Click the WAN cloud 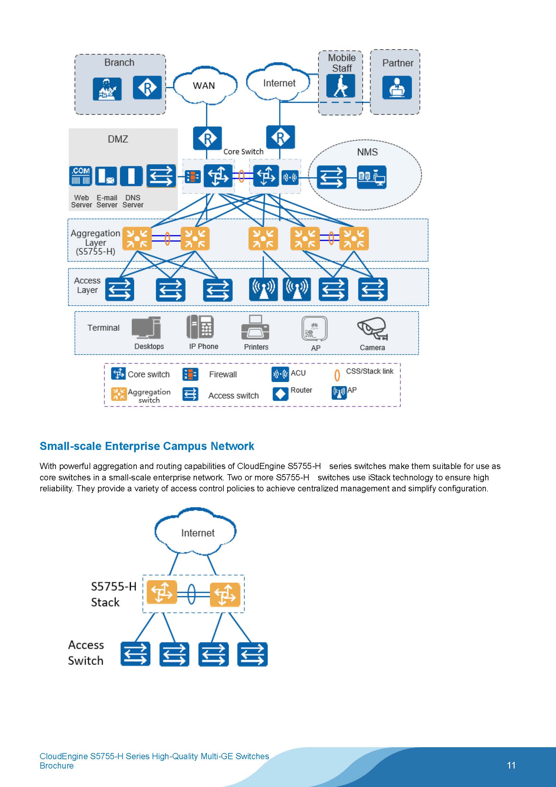205,85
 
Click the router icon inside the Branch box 147,88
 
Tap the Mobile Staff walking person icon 340,86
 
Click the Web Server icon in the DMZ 81,176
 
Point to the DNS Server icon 131,176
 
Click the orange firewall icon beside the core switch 193,177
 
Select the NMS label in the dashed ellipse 367,152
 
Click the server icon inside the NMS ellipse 371,177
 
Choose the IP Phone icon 200,327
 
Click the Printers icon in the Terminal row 255,327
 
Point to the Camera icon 372,328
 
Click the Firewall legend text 223,374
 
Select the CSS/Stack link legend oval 337,375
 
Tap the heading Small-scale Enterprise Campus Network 147,446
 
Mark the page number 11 511,765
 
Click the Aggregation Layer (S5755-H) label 95,242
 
